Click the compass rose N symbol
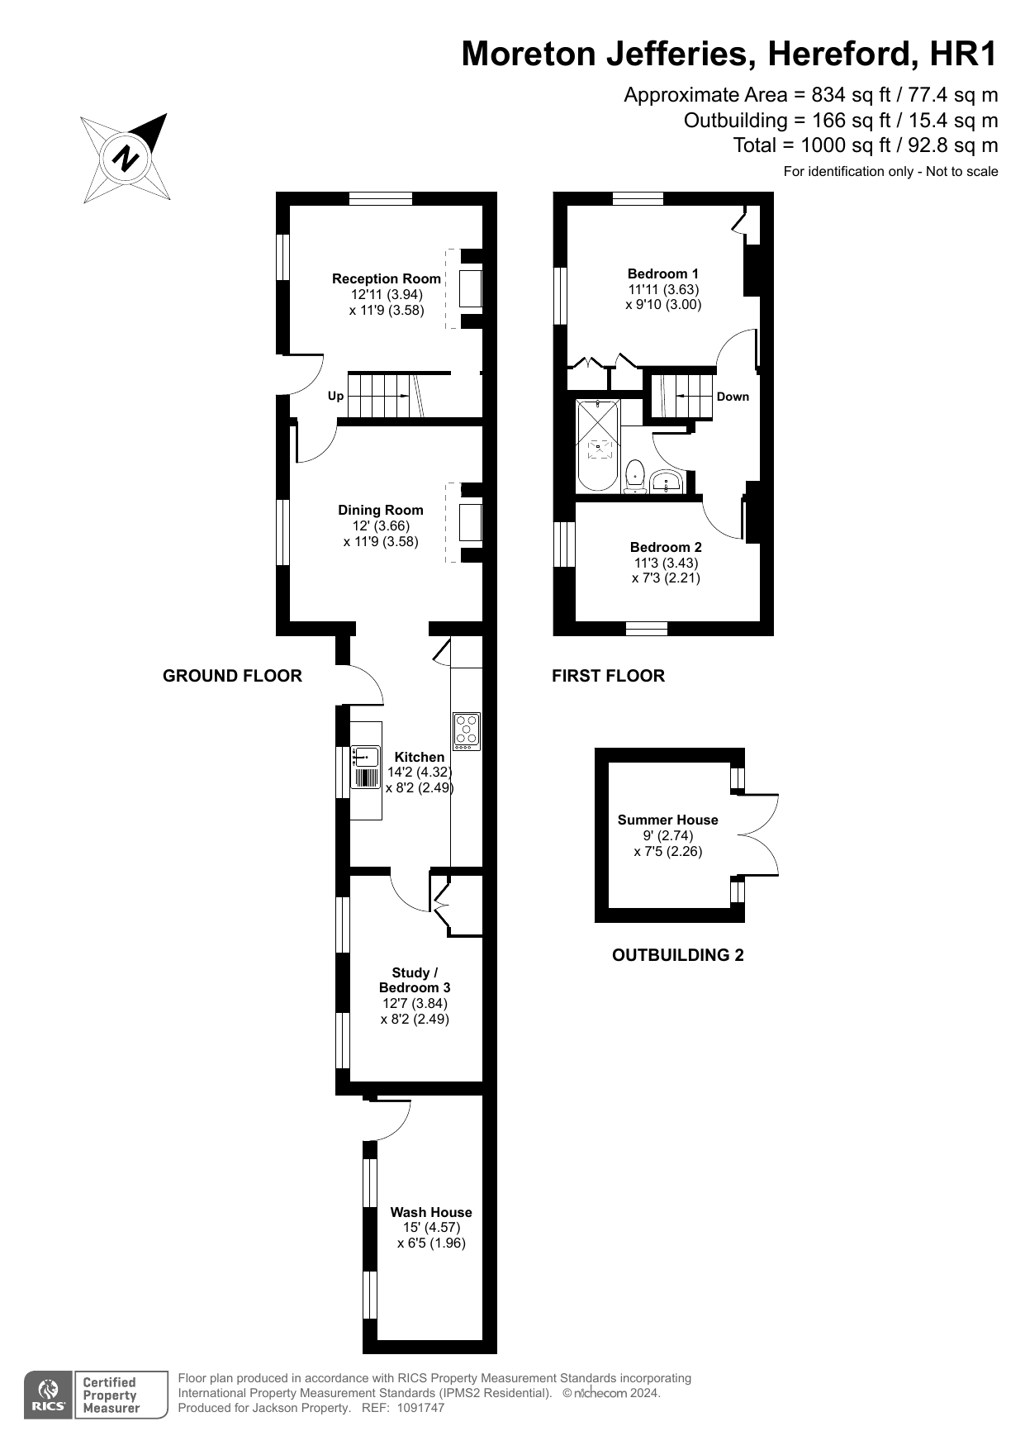tap(126, 157)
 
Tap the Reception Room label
tap(386, 279)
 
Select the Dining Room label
tap(380, 511)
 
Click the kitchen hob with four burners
tap(467, 731)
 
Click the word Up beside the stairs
tap(335, 397)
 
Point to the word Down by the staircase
tap(733, 397)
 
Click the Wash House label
tap(431, 1213)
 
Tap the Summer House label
tap(667, 820)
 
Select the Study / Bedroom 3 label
tap(415, 981)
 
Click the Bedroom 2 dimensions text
tap(666, 571)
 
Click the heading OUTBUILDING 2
tap(677, 956)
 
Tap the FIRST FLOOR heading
tap(608, 677)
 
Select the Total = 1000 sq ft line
tap(865, 146)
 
